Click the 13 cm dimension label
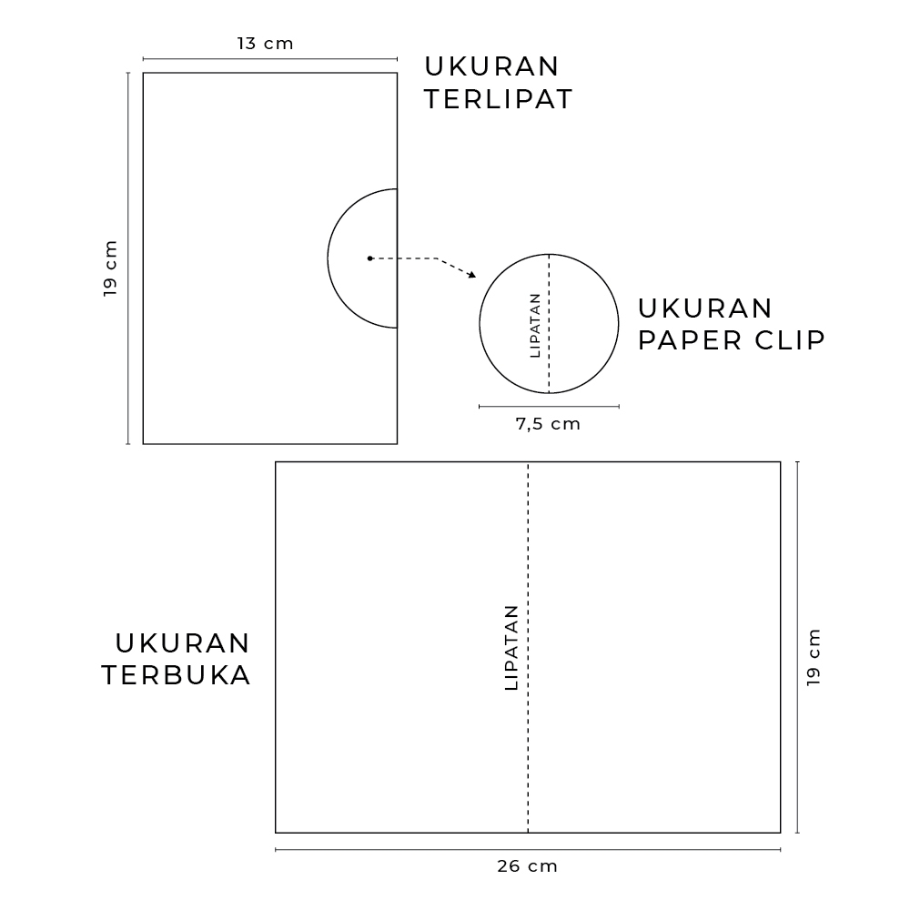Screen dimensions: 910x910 [x=265, y=44]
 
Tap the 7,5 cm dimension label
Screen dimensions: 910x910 [x=548, y=424]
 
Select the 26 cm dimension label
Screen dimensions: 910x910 [x=527, y=866]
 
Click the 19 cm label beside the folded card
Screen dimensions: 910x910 [x=110, y=268]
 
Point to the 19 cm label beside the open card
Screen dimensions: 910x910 [x=814, y=657]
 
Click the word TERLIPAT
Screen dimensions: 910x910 [x=499, y=99]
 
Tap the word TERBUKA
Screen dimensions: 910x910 [x=177, y=675]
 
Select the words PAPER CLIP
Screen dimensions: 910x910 [x=732, y=340]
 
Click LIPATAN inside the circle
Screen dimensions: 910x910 [x=535, y=325]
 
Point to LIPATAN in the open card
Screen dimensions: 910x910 [x=511, y=647]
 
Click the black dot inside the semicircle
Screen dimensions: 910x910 [x=369, y=258]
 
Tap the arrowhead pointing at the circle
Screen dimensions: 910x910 [x=471, y=275]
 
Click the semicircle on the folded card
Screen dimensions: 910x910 [x=328, y=258]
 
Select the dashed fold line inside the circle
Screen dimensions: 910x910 [x=549, y=324]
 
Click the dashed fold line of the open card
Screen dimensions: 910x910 [x=528, y=647]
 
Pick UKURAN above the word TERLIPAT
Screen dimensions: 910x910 [x=491, y=66]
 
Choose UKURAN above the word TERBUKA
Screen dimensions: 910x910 [x=182, y=643]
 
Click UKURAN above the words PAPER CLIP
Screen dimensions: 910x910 [x=704, y=308]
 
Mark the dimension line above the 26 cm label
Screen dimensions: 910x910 [x=528, y=850]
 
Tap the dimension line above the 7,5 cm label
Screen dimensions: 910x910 [x=549, y=406]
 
